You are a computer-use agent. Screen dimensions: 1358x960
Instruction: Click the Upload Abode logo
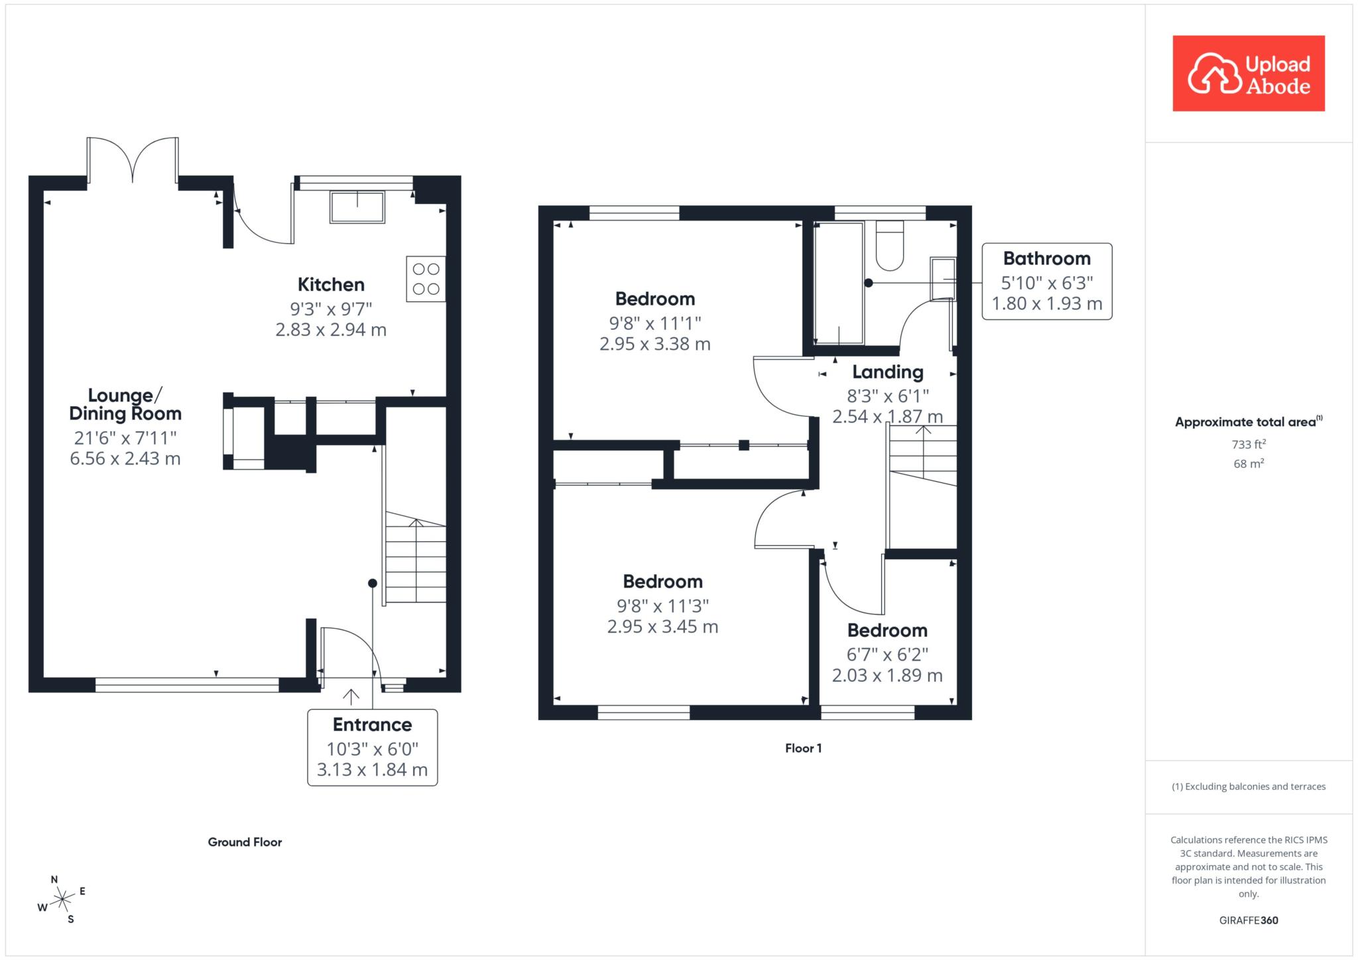pyautogui.click(x=1249, y=73)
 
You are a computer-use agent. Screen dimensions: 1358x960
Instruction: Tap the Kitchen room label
pyautogui.click(x=331, y=285)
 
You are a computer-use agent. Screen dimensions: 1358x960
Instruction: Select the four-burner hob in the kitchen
pyautogui.click(x=426, y=279)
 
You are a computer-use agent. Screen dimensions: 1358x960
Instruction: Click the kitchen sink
pyautogui.click(x=357, y=207)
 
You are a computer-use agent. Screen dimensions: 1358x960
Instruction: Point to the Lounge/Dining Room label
pyautogui.click(x=125, y=404)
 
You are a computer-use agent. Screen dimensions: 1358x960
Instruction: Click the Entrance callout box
pyautogui.click(x=372, y=747)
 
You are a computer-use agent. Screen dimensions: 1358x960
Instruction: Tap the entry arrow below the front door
pyautogui.click(x=351, y=696)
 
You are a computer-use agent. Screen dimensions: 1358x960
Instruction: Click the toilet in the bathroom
pyautogui.click(x=890, y=245)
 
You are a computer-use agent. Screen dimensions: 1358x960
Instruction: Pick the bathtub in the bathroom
pyautogui.click(x=839, y=283)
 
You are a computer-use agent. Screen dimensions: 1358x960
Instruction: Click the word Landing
pyautogui.click(x=888, y=372)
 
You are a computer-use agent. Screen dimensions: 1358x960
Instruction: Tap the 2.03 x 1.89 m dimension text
pyautogui.click(x=887, y=675)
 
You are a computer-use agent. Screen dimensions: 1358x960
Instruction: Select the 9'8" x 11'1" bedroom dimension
pyautogui.click(x=655, y=323)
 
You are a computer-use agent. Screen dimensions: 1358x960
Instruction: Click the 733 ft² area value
pyautogui.click(x=1249, y=445)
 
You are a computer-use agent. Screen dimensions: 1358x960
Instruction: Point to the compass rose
pyautogui.click(x=62, y=899)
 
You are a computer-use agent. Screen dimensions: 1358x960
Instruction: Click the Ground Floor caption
pyautogui.click(x=245, y=842)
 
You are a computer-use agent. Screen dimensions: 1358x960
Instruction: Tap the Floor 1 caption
pyautogui.click(x=803, y=748)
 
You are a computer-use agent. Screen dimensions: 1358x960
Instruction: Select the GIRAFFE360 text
pyautogui.click(x=1249, y=920)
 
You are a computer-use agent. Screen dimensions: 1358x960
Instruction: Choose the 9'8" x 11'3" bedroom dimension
pyautogui.click(x=663, y=606)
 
